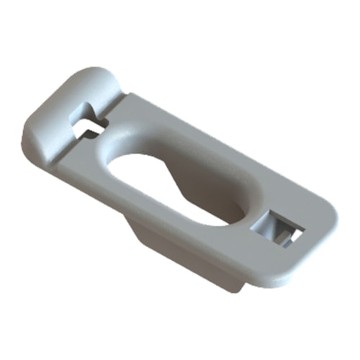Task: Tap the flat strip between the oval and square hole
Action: point(252,216)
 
